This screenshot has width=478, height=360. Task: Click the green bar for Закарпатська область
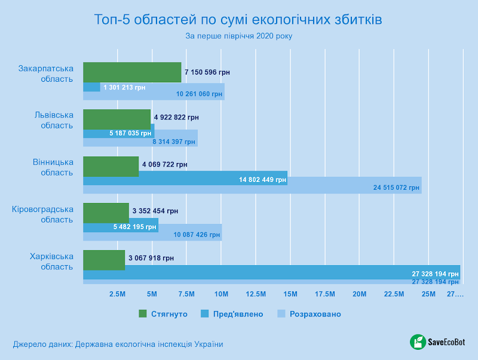coord(131,72)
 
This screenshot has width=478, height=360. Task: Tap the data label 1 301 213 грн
coord(124,87)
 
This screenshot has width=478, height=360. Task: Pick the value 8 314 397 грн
coord(173,141)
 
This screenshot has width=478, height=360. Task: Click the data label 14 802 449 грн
coord(262,180)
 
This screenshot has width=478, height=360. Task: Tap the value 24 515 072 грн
coord(396,188)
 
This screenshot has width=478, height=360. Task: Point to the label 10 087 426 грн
coord(197,235)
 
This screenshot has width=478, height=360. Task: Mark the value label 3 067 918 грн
coord(151,259)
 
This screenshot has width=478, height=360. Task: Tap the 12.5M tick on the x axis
coord(256,294)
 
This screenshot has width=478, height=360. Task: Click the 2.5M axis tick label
coord(117,294)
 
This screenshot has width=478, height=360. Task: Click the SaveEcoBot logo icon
coord(417,342)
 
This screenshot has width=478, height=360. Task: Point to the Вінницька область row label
coord(53,167)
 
